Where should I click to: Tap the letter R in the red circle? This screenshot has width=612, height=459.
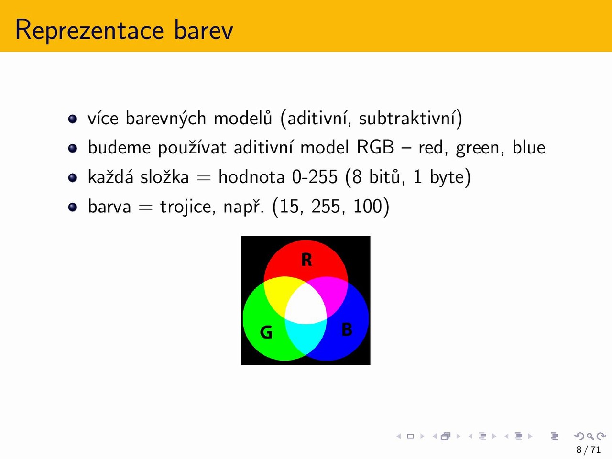point(306,260)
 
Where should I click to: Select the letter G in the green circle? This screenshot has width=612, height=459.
point(266,332)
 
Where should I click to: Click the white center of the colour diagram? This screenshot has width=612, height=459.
point(306,305)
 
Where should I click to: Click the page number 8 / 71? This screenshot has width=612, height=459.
point(588,449)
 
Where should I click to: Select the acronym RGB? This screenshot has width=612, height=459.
point(375,147)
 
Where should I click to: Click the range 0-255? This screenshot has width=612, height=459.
point(315,177)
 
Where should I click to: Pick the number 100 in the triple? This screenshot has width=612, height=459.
point(367,207)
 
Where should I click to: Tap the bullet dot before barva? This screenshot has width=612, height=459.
point(73,207)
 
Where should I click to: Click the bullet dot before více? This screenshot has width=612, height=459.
point(73,119)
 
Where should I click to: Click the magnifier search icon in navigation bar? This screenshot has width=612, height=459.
point(590,436)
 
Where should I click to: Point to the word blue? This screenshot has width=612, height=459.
point(529,147)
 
